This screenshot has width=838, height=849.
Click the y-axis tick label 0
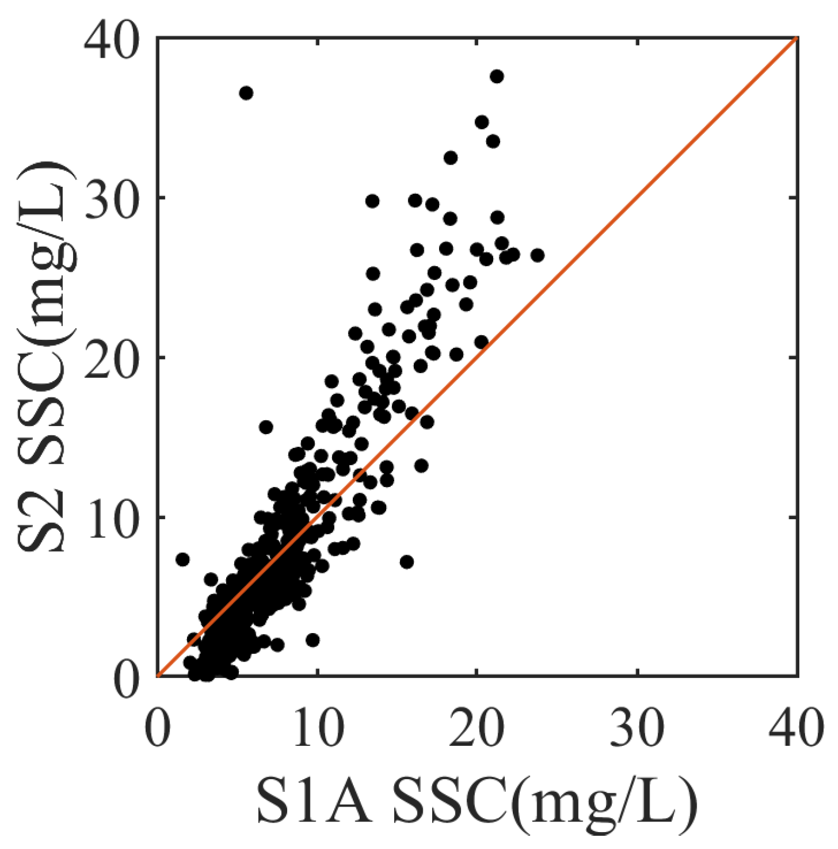128,678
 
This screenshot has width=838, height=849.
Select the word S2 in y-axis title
41,521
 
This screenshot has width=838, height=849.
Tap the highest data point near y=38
496,76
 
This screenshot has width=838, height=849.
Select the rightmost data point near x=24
537,255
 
